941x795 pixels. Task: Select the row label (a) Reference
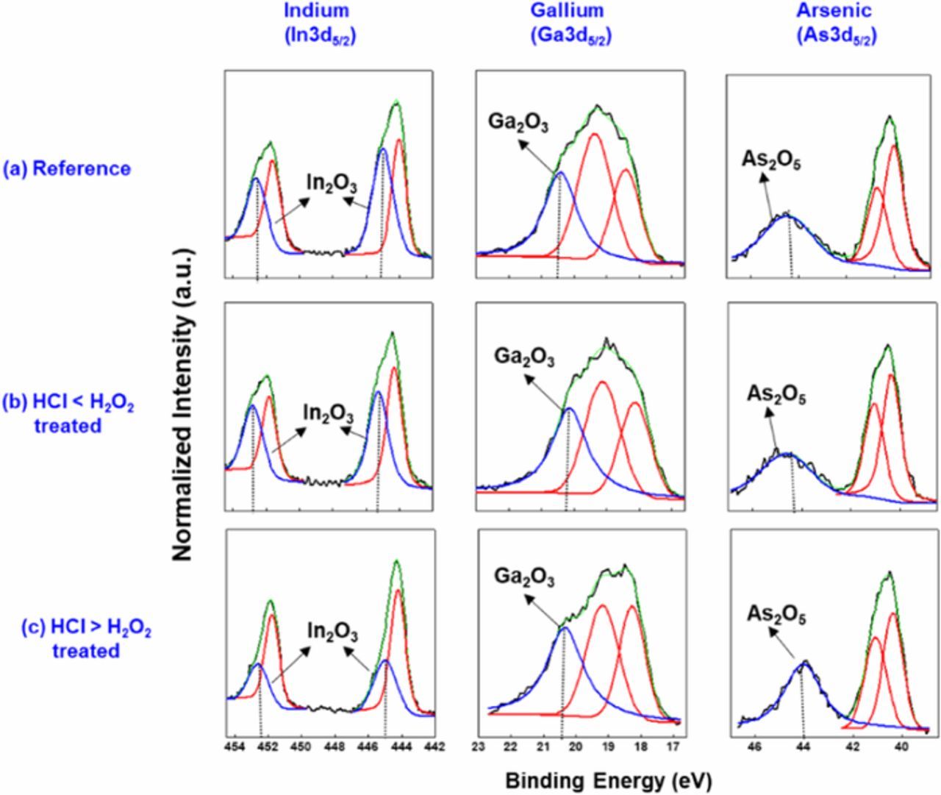[x=68, y=168]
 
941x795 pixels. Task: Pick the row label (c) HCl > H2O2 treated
[x=86, y=639]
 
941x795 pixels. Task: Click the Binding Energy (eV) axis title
[x=608, y=780]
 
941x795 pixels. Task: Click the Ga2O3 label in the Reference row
[x=518, y=123]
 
